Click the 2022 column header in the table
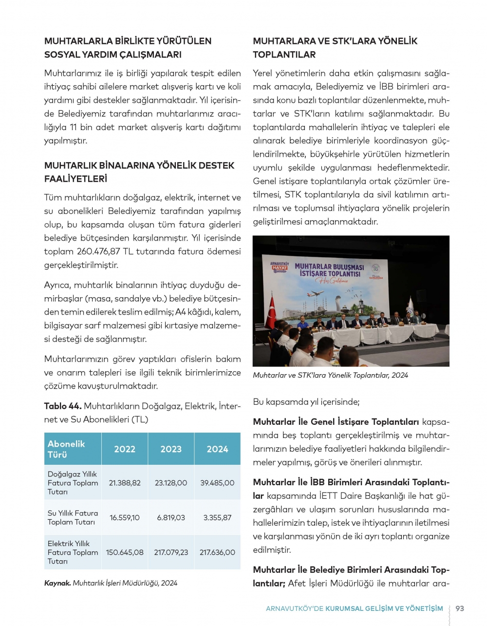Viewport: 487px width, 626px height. click(125, 449)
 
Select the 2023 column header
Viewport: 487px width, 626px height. click(171, 449)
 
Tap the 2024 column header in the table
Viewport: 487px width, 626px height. click(217, 449)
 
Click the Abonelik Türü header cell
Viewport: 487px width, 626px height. click(66, 449)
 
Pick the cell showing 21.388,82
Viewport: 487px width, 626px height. click(125, 483)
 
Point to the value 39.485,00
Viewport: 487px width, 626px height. click(217, 483)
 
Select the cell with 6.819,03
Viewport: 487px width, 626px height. click(171, 517)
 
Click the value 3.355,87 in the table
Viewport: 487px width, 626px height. click(217, 517)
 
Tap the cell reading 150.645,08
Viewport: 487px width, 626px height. click(125, 552)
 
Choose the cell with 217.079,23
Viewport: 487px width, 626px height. click(171, 552)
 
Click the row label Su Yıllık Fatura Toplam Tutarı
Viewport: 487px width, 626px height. click(73, 517)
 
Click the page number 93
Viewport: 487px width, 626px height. click(460, 608)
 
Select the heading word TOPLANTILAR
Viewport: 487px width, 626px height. click(284, 55)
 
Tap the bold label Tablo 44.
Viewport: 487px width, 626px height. click(62, 406)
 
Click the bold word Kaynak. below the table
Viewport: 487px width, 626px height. click(57, 583)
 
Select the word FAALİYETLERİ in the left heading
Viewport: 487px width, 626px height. click(75, 179)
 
